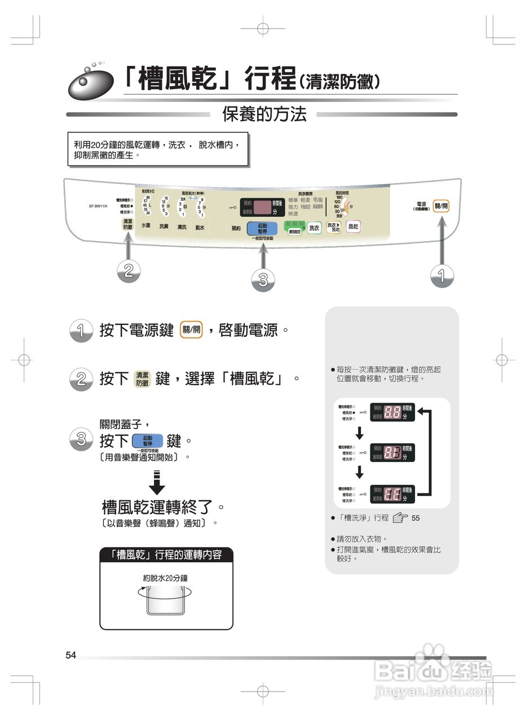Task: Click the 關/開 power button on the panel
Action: click(441, 206)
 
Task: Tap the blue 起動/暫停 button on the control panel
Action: click(262, 228)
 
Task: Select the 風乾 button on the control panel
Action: click(353, 226)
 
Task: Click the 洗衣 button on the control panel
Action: click(314, 228)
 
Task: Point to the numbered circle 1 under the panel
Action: click(441, 275)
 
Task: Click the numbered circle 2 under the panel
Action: click(129, 271)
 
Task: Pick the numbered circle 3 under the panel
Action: click(262, 279)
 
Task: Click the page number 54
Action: click(71, 655)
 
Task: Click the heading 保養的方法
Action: click(264, 115)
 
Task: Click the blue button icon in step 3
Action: click(148, 440)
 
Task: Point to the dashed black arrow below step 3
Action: click(157, 482)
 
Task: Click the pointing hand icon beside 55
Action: click(400, 517)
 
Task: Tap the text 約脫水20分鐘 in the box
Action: click(165, 578)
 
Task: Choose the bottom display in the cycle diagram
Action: click(392, 494)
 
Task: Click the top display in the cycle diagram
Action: click(392, 412)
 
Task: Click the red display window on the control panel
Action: click(261, 207)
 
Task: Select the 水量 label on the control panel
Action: click(145, 226)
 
